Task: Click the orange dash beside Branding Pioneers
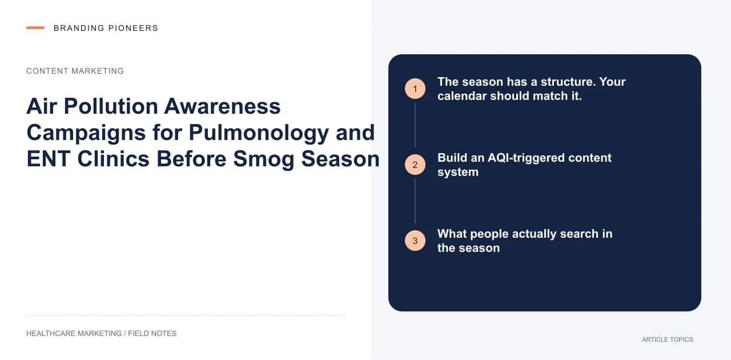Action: click(x=35, y=28)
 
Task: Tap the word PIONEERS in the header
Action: click(x=133, y=28)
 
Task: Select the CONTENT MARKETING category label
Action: click(x=75, y=71)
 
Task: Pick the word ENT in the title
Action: click(x=49, y=159)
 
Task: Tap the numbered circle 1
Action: click(x=415, y=89)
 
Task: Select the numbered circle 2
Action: click(x=415, y=165)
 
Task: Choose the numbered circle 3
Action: click(x=415, y=241)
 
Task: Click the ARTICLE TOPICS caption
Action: click(x=668, y=340)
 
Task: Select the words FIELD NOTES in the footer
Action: click(x=152, y=334)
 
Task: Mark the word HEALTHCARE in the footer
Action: click(x=51, y=334)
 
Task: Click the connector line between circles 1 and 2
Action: click(x=415, y=125)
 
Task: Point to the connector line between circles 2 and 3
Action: click(x=415, y=201)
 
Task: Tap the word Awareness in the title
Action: click(x=222, y=106)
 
